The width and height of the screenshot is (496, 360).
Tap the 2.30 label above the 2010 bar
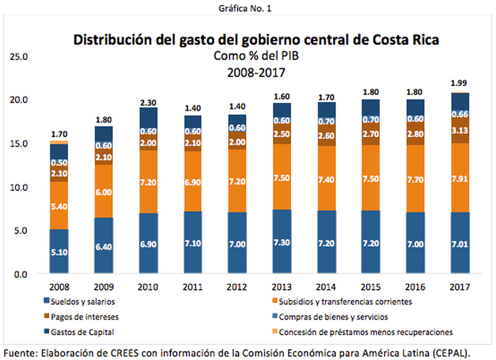(148, 102)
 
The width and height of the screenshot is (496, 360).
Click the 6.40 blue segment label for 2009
(104, 246)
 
